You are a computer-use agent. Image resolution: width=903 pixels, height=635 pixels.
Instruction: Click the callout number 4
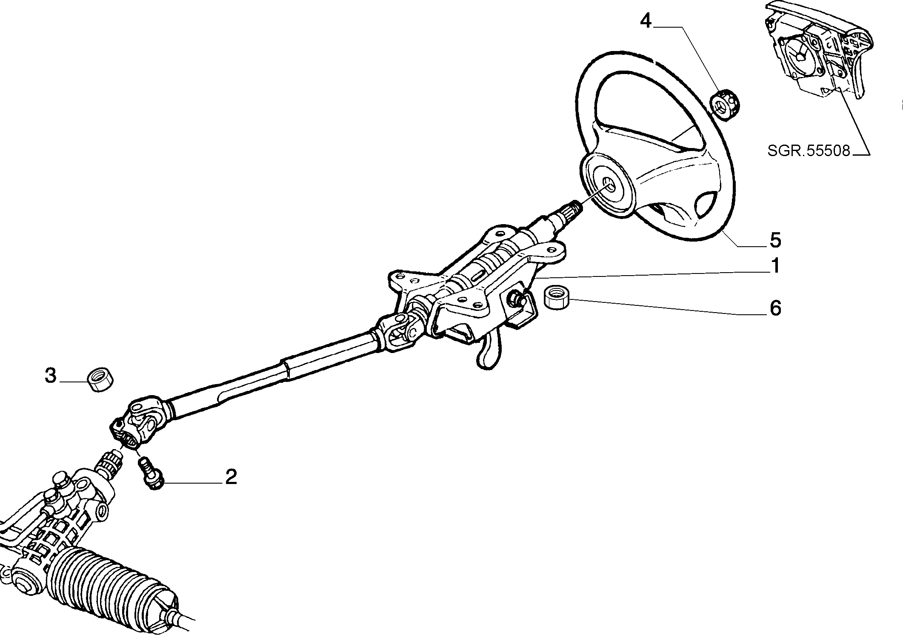(x=646, y=21)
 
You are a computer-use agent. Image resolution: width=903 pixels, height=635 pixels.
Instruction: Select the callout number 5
(x=775, y=240)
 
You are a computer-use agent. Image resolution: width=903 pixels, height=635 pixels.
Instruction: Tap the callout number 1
(x=775, y=266)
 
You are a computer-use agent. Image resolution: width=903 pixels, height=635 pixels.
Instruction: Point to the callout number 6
(x=775, y=308)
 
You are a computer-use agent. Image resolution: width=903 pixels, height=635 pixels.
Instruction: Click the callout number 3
(x=50, y=376)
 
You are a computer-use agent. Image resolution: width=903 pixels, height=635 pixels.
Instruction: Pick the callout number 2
(x=231, y=477)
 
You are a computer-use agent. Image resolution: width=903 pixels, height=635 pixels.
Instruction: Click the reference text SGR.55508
(x=809, y=151)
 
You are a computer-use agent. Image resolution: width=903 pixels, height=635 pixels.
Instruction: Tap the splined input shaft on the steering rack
(x=110, y=465)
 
